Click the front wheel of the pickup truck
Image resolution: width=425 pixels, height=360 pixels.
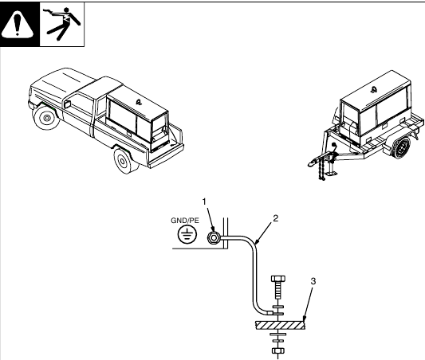coord(46,119)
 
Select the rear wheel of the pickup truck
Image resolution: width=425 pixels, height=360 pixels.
coord(123,162)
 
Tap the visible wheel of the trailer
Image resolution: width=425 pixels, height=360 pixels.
coord(402,148)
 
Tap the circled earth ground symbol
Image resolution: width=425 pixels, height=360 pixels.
coord(187,234)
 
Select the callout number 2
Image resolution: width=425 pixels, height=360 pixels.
coord(275,217)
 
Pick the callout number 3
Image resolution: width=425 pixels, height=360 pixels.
coord(313,282)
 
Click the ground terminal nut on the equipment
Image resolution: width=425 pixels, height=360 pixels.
coord(214,237)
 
